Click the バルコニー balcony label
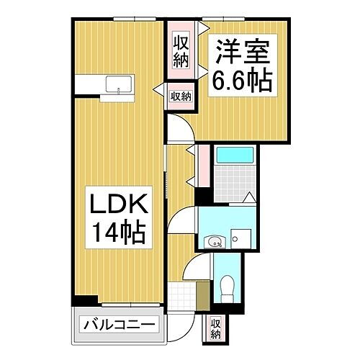(x=117, y=325)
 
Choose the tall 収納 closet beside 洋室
(x=180, y=50)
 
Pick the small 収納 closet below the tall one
(x=181, y=95)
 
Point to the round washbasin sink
(x=213, y=242)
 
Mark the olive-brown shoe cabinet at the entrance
(x=202, y=294)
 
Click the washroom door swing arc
(x=186, y=216)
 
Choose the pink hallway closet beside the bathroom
(x=204, y=166)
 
